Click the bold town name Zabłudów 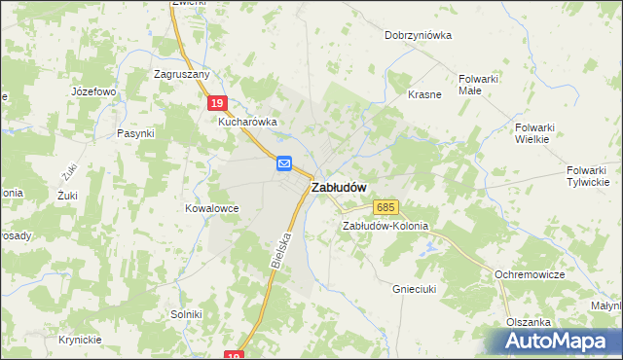(339, 187)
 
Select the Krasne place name (425, 95)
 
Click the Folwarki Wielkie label (532, 132)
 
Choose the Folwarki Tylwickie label (588, 175)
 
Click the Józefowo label (93, 91)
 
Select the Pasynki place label (135, 133)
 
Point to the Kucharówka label (248, 122)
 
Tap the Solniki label (186, 314)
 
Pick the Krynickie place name (79, 339)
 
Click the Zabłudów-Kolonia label (384, 226)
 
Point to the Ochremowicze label (530, 275)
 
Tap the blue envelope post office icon (284, 163)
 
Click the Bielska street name (282, 249)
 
